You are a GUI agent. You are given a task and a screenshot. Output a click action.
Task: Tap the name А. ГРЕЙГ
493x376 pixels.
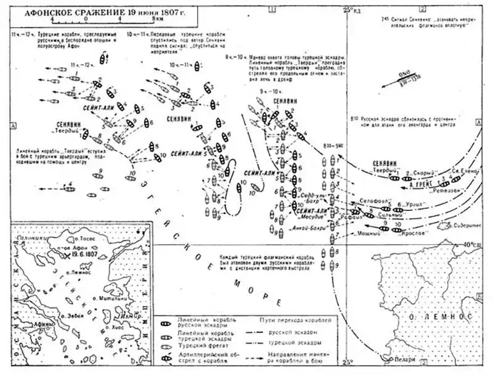[x=423, y=185]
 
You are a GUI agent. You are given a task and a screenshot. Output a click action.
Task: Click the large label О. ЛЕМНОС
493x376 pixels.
[x=442, y=317]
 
